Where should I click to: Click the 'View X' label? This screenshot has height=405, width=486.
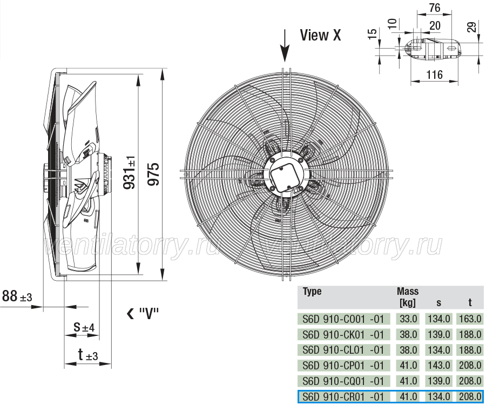(320, 35)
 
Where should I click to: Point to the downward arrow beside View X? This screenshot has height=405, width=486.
(285, 46)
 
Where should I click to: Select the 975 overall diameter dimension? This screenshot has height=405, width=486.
(154, 174)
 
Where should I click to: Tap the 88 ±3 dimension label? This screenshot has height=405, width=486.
(17, 296)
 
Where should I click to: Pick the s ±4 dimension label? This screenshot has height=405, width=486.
(84, 327)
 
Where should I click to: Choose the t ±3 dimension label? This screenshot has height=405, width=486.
(87, 355)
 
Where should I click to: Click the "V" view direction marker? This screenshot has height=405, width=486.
(143, 314)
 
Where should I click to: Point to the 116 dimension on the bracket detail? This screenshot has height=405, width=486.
(435, 75)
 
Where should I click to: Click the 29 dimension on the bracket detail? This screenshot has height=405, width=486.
(471, 27)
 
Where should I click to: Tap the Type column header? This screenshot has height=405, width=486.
(312, 292)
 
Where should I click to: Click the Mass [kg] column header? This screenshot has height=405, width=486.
(408, 297)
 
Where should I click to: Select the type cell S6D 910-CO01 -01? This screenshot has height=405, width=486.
(343, 319)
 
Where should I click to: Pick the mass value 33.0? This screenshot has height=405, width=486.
(408, 319)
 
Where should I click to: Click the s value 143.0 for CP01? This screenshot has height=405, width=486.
(439, 366)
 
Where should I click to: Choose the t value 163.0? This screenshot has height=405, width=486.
(470, 319)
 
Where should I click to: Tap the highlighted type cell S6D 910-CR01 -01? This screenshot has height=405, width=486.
(343, 397)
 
